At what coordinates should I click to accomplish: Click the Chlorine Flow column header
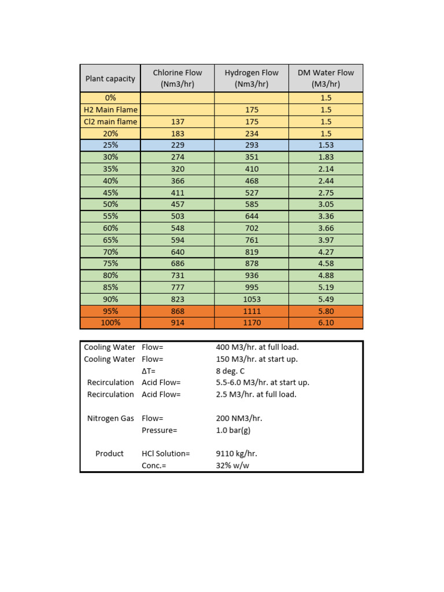coord(177,78)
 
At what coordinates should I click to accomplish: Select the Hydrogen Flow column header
coord(251,78)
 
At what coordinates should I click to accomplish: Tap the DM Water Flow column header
coord(325,78)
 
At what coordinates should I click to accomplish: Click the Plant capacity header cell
coord(110,79)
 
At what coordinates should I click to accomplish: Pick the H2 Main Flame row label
coord(110,110)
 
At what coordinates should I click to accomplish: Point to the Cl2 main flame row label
coord(110,121)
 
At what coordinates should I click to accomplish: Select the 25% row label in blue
coord(110,145)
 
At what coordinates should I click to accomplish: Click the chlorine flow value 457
coord(177,205)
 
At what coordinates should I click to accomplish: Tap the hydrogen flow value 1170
coord(251,323)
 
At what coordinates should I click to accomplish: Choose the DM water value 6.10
coord(325,323)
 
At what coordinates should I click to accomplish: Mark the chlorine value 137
coord(177,121)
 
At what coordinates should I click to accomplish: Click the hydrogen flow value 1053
coord(251,299)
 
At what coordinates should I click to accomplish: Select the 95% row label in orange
coord(110,311)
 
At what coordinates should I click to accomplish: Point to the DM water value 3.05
coord(325,205)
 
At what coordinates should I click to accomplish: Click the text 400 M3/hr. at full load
coord(257,347)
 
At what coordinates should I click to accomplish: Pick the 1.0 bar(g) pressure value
coord(233,430)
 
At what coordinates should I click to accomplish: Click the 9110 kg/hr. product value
coord(235,454)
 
